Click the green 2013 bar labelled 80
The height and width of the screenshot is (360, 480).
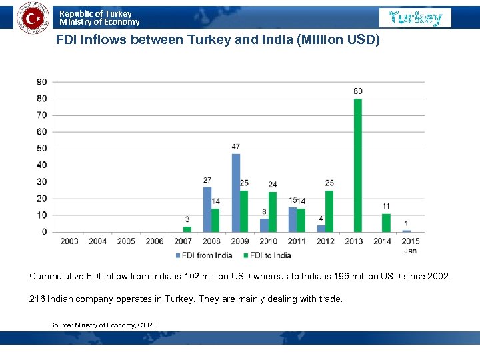tap(358, 165)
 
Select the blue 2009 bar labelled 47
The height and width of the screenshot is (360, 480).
tap(236, 193)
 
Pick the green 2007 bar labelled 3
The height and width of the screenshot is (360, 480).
tap(187, 229)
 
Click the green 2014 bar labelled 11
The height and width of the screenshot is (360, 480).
tap(386, 223)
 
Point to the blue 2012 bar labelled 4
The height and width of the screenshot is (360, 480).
tap(321, 229)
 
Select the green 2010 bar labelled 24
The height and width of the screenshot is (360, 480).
tap(272, 212)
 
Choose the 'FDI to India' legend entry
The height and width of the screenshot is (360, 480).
tap(269, 255)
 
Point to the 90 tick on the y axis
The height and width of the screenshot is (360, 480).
tap(42, 82)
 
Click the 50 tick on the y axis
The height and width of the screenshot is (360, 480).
tap(42, 149)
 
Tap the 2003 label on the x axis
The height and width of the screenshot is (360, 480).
tap(69, 241)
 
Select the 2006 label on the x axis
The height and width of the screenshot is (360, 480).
tap(155, 241)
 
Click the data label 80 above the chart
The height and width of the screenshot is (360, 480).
tap(358, 91)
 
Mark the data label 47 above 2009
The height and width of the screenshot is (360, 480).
tap(236, 146)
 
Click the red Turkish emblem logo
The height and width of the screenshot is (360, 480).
tap(32, 17)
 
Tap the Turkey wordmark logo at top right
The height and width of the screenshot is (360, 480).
tap(415, 18)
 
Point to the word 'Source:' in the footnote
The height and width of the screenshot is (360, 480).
tap(61, 325)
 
